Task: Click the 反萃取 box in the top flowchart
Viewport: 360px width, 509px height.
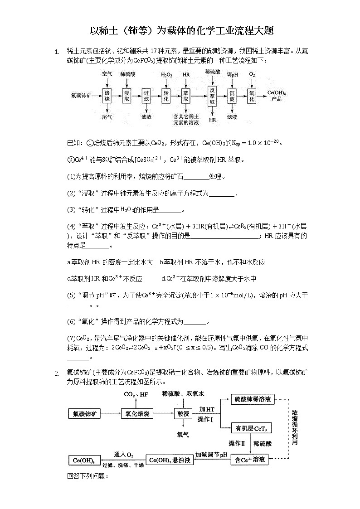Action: pos(212,96)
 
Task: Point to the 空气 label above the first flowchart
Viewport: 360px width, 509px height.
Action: pos(107,74)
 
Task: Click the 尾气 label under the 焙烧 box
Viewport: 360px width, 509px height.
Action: pos(107,116)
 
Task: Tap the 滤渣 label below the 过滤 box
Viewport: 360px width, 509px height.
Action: pos(146,116)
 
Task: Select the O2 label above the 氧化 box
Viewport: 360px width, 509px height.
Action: pos(252,74)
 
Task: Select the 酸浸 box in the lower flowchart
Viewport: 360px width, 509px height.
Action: pos(183,413)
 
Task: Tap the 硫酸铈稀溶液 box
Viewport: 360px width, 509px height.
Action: pos(253,399)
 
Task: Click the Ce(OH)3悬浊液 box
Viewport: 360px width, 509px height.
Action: pos(169,460)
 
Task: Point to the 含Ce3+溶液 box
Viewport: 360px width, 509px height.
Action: pos(249,460)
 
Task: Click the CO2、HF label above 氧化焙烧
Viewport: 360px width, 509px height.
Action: pos(136,394)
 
